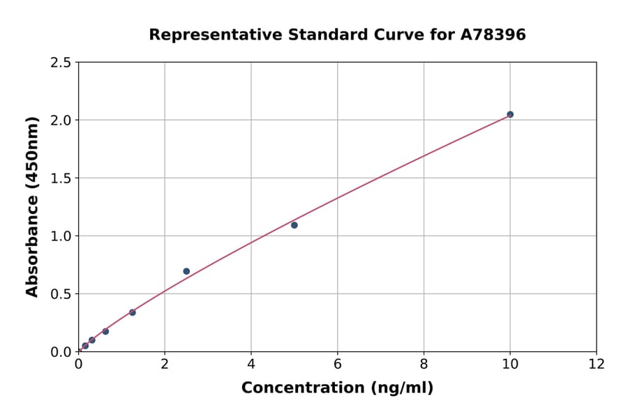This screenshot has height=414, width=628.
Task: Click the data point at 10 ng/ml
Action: point(510,114)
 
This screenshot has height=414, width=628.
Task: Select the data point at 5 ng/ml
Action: point(294,225)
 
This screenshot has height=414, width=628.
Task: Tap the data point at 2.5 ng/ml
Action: point(186,271)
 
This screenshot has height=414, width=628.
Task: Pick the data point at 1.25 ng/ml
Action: point(133,312)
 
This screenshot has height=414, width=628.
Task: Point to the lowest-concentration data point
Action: point(85,346)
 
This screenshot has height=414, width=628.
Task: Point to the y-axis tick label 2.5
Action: point(61,63)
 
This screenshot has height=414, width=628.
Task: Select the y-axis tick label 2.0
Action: point(61,121)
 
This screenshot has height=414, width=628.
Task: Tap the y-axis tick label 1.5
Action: point(61,178)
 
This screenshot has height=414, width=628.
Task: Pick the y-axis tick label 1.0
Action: point(61,236)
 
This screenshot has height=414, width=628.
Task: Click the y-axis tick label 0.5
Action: point(61,294)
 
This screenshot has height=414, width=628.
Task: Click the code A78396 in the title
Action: point(494,35)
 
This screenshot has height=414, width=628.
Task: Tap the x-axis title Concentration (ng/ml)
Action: point(337,388)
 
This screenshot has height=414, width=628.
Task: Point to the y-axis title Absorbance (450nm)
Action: point(32,206)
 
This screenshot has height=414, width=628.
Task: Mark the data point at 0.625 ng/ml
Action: point(105,331)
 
